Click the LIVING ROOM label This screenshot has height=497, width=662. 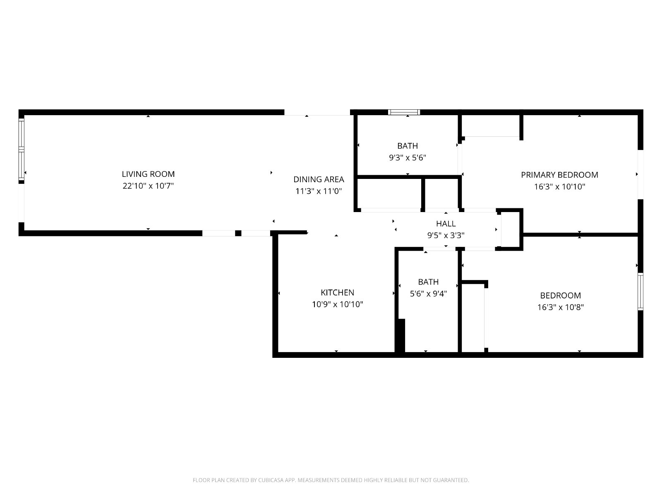click(148, 174)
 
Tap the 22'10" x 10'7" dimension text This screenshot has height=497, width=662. click(148, 186)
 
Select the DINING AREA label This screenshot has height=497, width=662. click(319, 180)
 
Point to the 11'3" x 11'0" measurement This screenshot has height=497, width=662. click(319, 191)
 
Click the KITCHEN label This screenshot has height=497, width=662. click(337, 292)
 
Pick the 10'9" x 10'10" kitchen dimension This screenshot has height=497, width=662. click(337, 304)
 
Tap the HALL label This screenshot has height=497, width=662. click(446, 224)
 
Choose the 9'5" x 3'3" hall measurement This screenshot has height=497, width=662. click(446, 235)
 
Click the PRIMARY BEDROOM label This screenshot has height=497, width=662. click(559, 175)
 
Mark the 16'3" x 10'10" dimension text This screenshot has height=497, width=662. click(559, 187)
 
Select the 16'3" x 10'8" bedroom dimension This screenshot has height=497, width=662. click(560, 307)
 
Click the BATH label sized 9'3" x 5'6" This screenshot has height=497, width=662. click(408, 146)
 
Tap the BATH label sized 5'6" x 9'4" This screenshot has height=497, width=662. click(428, 282)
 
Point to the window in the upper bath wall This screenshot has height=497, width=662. click(404, 112)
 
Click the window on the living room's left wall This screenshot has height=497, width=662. click(22, 150)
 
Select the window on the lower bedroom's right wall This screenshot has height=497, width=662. click(640, 292)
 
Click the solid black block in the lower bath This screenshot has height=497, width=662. click(401, 335)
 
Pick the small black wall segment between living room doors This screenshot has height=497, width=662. click(238, 233)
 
